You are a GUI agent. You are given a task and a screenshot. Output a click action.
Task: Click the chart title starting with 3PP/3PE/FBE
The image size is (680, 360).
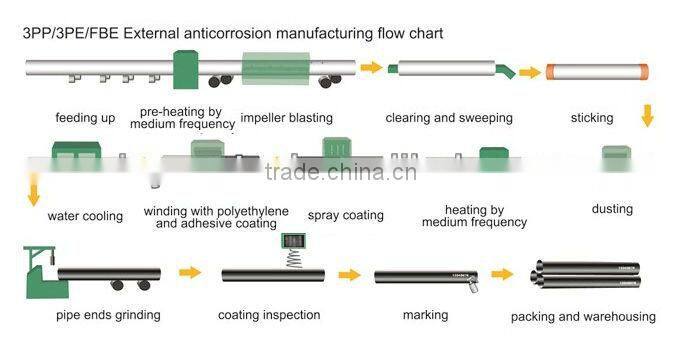pyautogui.click(x=232, y=33)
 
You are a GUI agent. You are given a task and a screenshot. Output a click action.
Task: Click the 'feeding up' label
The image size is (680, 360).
pyautogui.click(x=85, y=118)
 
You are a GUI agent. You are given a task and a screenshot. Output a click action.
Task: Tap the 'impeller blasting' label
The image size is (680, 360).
pyautogui.click(x=287, y=118)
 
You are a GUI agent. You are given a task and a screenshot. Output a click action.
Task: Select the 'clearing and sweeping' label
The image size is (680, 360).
pyautogui.click(x=449, y=118)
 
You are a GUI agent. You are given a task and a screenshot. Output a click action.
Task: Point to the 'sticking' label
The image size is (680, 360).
pyautogui.click(x=592, y=118)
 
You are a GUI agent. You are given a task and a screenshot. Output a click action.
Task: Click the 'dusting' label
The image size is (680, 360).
pyautogui.click(x=612, y=209)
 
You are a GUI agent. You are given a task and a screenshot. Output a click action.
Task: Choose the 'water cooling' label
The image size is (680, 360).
pyautogui.click(x=85, y=216)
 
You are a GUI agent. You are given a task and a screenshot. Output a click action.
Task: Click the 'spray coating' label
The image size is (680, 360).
pyautogui.click(x=345, y=215)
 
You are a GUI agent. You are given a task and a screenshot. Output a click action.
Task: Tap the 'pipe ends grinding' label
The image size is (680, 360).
pyautogui.click(x=108, y=316)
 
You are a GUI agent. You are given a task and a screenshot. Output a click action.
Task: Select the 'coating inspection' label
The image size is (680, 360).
pyautogui.click(x=269, y=315)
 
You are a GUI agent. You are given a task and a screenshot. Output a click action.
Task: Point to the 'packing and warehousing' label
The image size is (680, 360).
pyautogui.click(x=583, y=317)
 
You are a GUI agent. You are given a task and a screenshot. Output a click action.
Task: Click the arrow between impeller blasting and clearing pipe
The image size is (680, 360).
pyautogui.click(x=371, y=68)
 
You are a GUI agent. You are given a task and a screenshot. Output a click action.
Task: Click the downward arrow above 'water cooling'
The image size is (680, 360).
pyautogui.click(x=35, y=189)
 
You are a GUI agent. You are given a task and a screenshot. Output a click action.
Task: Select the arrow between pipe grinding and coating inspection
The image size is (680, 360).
pyautogui.click(x=189, y=271)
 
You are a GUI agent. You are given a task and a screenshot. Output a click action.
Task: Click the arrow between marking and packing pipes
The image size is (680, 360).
pyautogui.click(x=501, y=274)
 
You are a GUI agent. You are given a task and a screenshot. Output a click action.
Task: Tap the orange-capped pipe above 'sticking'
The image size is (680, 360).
pyautogui.click(x=597, y=73)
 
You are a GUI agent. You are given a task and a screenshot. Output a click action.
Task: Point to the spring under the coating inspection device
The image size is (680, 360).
pyautogui.click(x=293, y=258)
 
